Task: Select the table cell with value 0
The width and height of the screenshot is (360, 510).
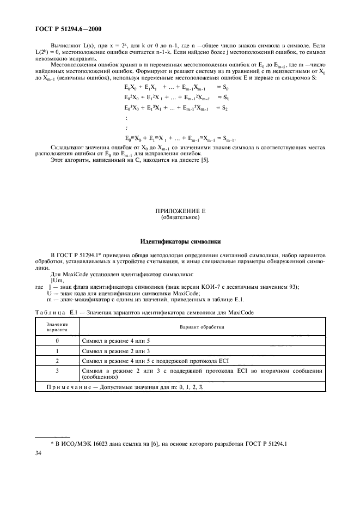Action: (57, 340)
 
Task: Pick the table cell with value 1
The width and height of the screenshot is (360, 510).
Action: (57, 350)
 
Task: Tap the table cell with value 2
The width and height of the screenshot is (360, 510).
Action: (57, 361)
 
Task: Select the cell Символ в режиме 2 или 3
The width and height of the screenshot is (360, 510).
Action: (112, 350)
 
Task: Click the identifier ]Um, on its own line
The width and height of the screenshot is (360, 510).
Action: (56, 281)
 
